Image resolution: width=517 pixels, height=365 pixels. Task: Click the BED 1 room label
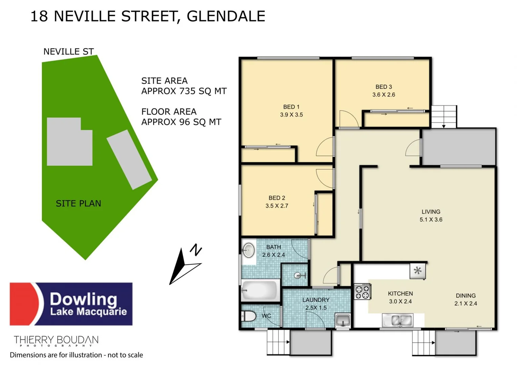click(291, 107)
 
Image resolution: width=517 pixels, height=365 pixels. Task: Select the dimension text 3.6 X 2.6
click(384, 95)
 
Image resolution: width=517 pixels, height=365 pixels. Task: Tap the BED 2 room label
click(277, 198)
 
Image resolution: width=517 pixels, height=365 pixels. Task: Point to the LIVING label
click(431, 212)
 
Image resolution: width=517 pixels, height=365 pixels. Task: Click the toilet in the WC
click(248, 316)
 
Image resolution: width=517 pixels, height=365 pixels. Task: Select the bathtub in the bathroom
click(260, 290)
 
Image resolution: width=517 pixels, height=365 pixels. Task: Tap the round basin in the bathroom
click(249, 250)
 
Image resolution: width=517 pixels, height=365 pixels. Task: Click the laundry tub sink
click(343, 320)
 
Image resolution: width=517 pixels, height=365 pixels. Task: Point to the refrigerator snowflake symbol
click(418, 271)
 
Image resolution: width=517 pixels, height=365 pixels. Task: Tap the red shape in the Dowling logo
click(24, 304)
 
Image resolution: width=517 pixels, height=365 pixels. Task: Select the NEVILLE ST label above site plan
click(68, 52)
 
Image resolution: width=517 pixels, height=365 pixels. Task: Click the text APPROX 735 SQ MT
click(184, 91)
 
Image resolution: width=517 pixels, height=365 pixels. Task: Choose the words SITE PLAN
click(78, 203)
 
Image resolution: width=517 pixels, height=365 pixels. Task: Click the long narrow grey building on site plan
click(129, 159)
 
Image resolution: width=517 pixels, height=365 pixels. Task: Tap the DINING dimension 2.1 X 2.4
click(466, 303)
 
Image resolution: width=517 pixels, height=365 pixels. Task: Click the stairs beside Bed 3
click(444, 116)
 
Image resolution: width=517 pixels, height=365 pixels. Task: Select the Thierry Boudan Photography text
click(56, 341)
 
